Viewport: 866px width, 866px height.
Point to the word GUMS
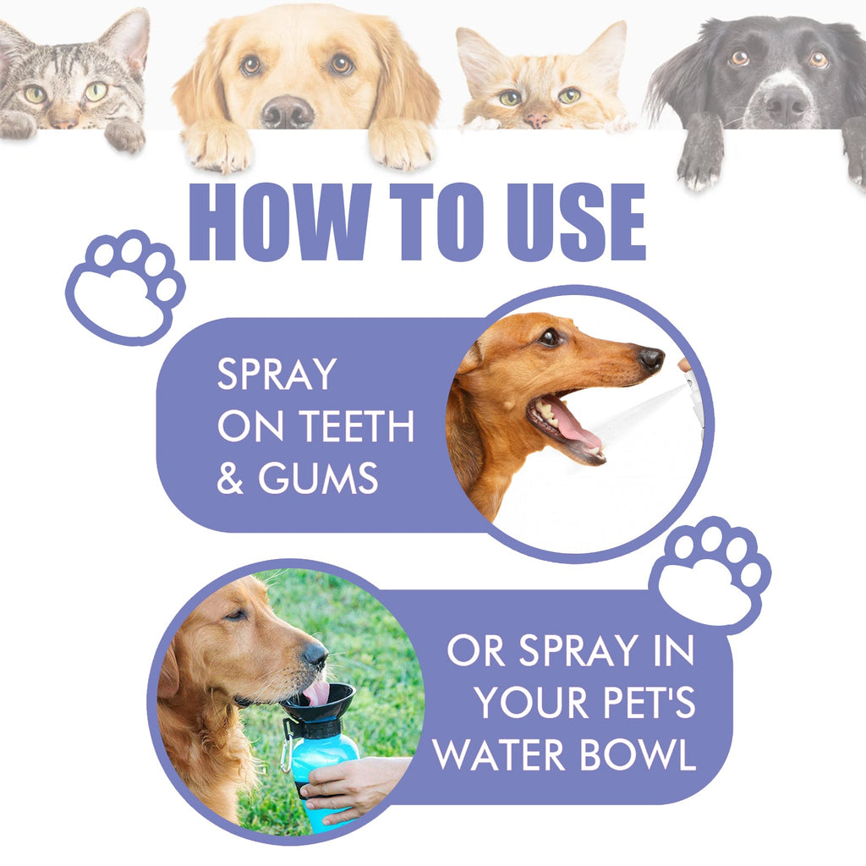coord(318,479)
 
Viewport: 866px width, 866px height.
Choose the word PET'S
coord(643,703)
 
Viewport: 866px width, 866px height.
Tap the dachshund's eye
coord(551,337)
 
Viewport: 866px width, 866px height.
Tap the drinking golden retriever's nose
coord(315,655)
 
